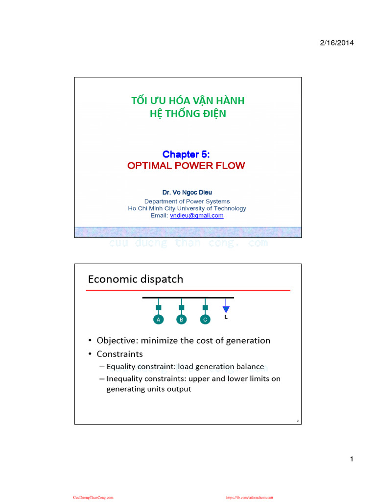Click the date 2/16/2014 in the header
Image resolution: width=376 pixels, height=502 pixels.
337,43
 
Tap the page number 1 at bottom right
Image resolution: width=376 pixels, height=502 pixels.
352,459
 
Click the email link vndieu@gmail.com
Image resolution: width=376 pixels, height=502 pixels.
196,216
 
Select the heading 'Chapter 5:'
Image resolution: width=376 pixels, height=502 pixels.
186,155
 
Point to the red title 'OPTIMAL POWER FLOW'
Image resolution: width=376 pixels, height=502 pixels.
186,166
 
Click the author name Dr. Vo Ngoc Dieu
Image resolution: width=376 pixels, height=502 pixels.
187,193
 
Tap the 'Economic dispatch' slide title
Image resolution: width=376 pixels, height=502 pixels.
136,279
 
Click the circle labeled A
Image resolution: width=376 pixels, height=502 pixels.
158,319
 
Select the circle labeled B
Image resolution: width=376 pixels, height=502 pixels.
182,319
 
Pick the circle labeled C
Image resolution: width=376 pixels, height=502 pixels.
205,319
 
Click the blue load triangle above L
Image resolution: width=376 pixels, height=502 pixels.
226,309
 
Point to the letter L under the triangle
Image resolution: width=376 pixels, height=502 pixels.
226,317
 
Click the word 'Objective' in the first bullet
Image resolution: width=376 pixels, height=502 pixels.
117,340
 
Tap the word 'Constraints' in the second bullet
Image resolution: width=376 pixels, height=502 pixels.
120,353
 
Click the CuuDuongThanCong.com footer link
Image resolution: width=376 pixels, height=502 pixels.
93,497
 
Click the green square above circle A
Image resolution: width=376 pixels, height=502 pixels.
158,308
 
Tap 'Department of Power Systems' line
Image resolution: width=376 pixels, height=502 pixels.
187,201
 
